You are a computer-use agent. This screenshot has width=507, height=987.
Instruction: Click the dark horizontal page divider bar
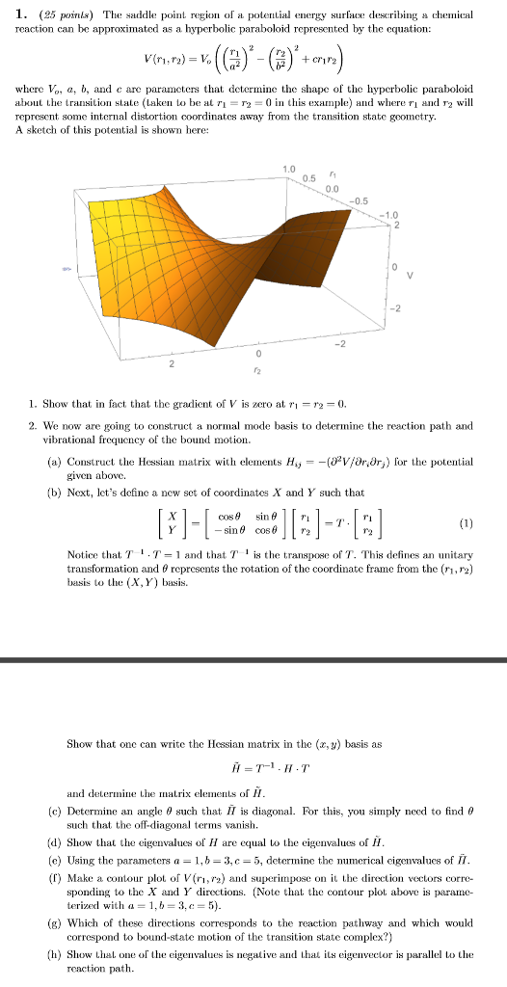pos(253,660)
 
